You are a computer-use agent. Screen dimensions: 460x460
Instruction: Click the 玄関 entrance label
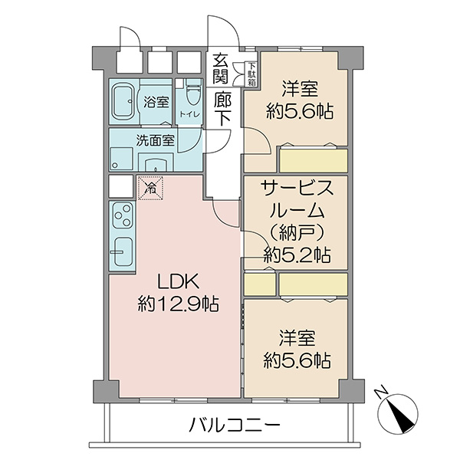click(x=221, y=68)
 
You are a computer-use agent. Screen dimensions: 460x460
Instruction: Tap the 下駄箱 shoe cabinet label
click(x=251, y=74)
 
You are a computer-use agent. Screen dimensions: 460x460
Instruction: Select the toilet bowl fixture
click(x=193, y=91)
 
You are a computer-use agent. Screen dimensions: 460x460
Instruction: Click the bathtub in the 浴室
click(x=123, y=101)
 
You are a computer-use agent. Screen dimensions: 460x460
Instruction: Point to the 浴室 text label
click(x=156, y=102)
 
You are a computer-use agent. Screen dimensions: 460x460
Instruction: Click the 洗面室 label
click(x=155, y=140)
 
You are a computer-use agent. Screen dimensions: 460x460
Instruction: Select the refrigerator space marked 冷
click(x=150, y=188)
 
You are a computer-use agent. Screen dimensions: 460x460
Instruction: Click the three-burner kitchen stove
click(x=123, y=215)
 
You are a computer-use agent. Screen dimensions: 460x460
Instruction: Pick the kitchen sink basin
click(x=123, y=251)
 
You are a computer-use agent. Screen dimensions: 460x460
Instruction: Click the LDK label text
click(x=179, y=281)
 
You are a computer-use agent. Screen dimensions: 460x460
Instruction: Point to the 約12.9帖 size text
click(x=179, y=304)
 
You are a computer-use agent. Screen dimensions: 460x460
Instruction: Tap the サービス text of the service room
click(x=297, y=188)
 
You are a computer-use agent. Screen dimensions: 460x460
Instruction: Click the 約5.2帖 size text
click(x=297, y=255)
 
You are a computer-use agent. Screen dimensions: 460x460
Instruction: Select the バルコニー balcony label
click(x=234, y=426)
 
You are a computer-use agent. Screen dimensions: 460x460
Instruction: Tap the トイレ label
click(x=190, y=113)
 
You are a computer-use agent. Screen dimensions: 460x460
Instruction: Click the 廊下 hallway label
click(x=222, y=108)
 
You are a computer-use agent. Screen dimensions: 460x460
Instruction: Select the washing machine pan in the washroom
click(x=122, y=159)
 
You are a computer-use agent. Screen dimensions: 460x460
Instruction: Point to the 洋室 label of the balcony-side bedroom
click(x=297, y=337)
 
